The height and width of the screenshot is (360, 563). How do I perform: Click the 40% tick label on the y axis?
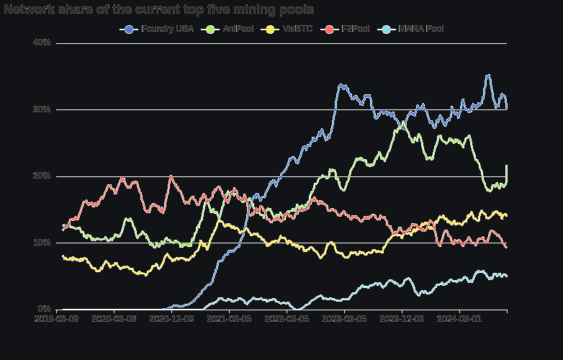tap(42, 42)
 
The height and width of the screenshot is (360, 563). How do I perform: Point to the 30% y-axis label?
tap(42, 109)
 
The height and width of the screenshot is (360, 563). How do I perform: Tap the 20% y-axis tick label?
tap(42, 176)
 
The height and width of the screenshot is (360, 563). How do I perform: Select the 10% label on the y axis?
tap(42, 243)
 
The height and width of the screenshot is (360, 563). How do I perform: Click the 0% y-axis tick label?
tap(44, 310)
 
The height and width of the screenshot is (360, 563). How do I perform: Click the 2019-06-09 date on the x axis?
tap(57, 318)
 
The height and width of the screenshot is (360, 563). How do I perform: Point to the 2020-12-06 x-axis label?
tap(171, 318)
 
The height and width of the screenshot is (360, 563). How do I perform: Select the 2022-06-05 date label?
tap(287, 318)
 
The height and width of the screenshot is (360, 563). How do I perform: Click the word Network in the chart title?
tap(27, 9)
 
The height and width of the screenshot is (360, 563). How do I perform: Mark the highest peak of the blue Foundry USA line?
tap(488, 75)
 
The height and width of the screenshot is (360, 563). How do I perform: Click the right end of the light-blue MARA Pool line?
tap(507, 276)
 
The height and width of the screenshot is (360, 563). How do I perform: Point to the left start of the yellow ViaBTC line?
tap(63, 256)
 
